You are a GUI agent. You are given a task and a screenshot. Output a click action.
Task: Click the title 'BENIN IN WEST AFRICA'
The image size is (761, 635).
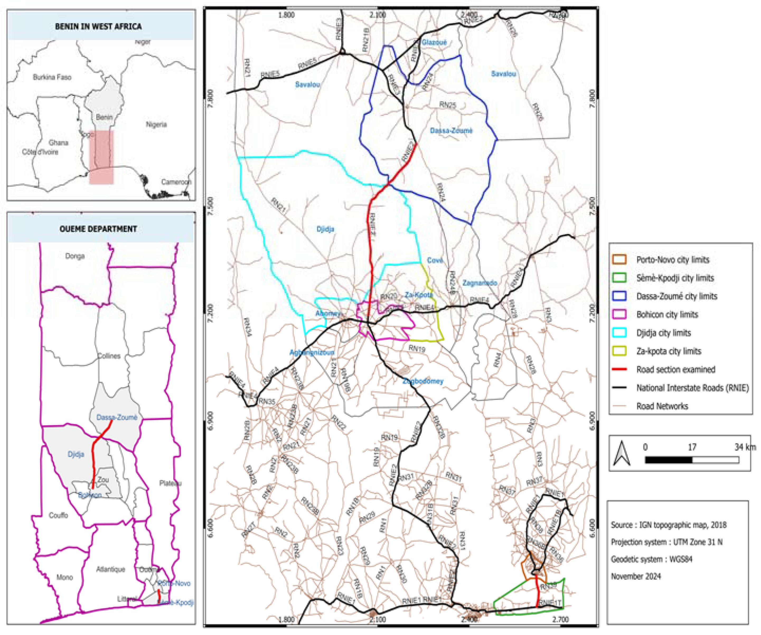point(98,26)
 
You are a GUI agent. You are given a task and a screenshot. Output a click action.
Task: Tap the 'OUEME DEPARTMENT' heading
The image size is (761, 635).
point(98,229)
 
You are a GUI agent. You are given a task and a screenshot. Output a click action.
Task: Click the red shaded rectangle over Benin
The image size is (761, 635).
point(101,157)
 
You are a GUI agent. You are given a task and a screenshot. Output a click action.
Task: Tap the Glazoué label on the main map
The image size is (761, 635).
point(434,43)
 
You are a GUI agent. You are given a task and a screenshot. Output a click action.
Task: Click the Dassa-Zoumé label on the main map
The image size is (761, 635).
point(451,130)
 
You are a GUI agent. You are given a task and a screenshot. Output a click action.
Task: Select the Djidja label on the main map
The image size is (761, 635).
point(325,229)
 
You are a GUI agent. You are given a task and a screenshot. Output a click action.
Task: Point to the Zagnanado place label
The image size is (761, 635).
point(480,283)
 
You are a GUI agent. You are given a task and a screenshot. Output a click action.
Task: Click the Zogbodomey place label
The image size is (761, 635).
point(423,381)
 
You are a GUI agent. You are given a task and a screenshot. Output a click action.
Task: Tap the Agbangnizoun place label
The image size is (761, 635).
point(312,352)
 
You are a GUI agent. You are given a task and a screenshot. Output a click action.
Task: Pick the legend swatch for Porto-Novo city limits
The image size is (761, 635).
point(619,259)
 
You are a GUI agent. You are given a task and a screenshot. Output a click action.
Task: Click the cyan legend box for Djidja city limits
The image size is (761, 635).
point(619,333)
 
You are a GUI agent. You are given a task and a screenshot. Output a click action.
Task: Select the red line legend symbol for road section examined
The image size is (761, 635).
point(619,369)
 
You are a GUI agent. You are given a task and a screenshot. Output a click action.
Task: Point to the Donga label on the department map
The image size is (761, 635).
point(75,256)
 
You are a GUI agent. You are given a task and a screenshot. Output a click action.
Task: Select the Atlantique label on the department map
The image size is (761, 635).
point(111,569)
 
